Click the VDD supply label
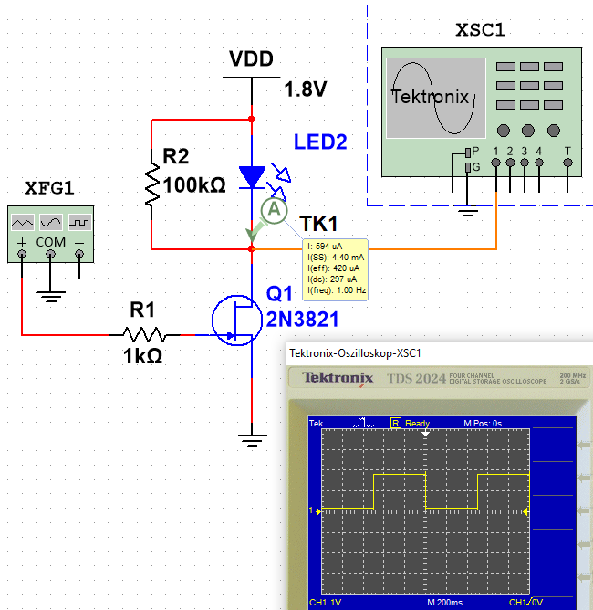[251, 59]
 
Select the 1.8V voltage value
[305, 89]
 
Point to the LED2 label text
[320, 142]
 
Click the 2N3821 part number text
[302, 318]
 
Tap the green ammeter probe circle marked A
[273, 211]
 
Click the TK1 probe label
[319, 225]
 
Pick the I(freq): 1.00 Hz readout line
[337, 290]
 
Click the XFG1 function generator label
[48, 187]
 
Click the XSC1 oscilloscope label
[480, 30]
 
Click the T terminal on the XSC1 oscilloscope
[568, 163]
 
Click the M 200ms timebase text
[444, 603]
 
